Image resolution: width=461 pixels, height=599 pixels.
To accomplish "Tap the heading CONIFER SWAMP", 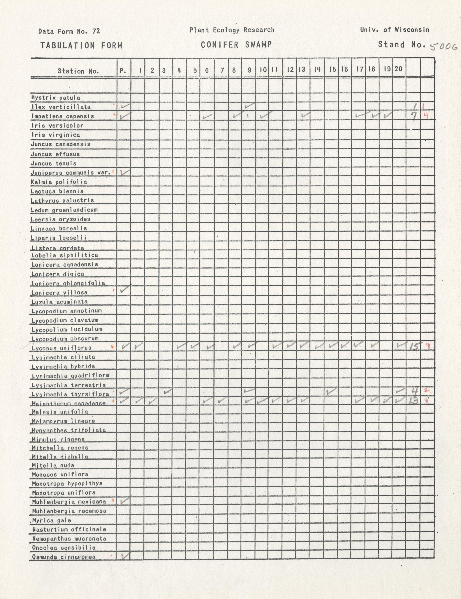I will (x=236, y=45).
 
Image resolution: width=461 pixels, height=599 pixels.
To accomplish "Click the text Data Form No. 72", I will (x=69, y=31).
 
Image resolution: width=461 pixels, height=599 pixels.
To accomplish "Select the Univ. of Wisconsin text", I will (x=395, y=30).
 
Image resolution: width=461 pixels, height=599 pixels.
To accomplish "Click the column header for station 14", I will (x=317, y=70).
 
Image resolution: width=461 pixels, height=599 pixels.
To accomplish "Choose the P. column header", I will (x=123, y=71).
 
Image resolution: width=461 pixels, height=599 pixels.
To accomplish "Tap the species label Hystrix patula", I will (x=56, y=98).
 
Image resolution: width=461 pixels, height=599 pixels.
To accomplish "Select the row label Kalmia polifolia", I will (x=59, y=182).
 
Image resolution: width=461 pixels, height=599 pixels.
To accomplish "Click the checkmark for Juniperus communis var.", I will (x=125, y=172).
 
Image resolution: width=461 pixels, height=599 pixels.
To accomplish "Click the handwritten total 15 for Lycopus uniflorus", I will (x=414, y=347).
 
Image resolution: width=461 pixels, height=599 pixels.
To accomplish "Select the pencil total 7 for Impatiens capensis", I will (x=414, y=116).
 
